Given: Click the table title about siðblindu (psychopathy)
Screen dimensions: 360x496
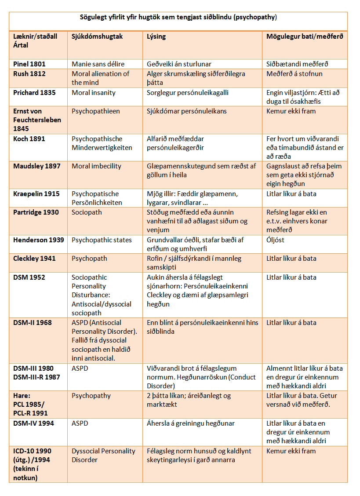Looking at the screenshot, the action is coord(178,17).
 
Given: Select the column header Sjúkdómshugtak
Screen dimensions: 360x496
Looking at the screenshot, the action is coord(97,36).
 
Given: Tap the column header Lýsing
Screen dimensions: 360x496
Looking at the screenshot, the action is coord(156,36).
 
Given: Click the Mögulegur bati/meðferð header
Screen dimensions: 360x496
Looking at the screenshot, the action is coord(305,36).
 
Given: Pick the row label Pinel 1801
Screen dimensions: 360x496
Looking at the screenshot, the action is coord(29,64).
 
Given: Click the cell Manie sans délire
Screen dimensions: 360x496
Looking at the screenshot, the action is coord(98,64).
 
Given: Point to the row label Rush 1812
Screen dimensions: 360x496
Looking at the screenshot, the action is coord(29,74).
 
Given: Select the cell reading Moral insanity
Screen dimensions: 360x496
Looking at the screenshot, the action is coord(93,93).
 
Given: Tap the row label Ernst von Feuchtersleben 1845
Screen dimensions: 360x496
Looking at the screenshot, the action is coord(37,120).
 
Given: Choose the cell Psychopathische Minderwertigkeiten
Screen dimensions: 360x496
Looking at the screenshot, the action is coord(102,143).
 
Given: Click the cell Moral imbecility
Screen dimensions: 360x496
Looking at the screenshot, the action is coord(96,166).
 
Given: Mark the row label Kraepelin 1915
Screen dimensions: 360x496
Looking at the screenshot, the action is coord(36,193).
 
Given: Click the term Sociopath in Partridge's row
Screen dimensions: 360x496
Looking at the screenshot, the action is coord(86,212).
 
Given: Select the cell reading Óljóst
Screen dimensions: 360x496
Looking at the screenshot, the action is coord(275,240).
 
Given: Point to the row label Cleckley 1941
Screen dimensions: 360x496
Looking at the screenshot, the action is coord(34,259).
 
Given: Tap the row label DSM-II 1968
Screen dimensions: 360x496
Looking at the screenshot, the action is coord(32,323).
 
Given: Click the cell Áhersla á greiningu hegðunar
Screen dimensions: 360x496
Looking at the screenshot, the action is coord(190,423).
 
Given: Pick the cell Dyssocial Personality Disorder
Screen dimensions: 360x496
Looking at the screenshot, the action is coord(103,455).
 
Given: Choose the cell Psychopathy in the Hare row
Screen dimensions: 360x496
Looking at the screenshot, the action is coord(91,396).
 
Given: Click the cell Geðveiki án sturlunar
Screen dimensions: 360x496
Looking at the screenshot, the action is coord(179,64).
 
